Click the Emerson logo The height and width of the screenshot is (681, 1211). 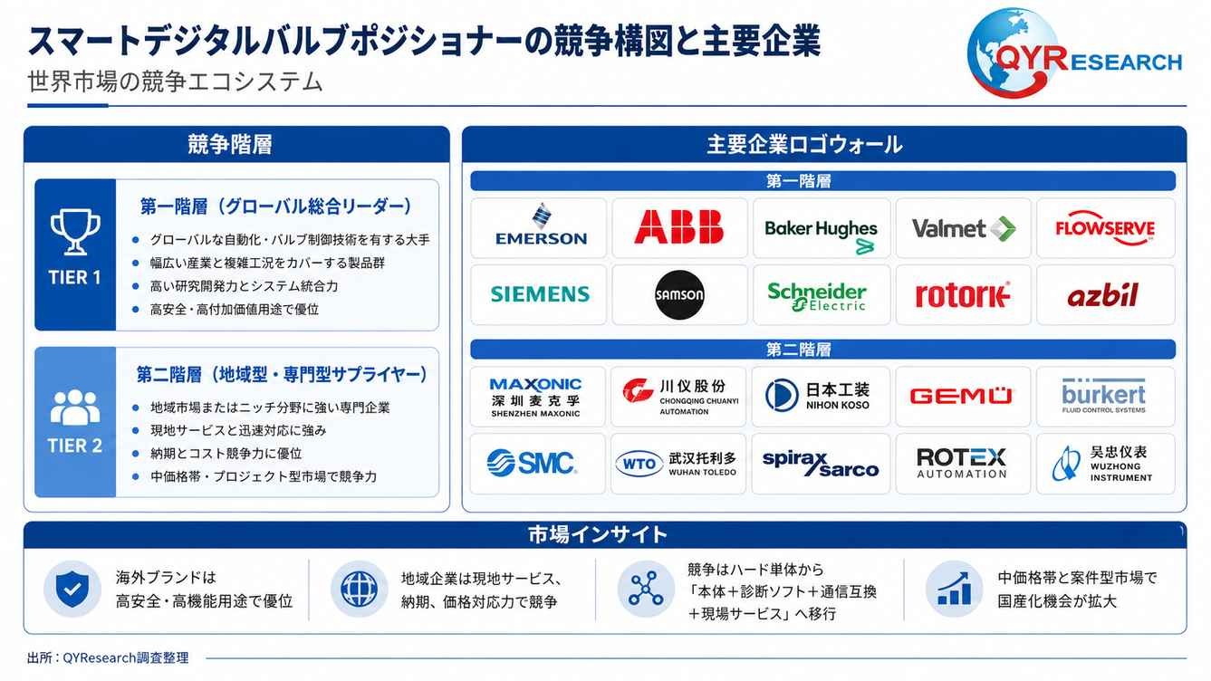(541, 225)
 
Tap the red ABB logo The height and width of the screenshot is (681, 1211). (679, 226)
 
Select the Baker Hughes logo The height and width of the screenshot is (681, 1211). (821, 235)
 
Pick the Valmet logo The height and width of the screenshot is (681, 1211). (964, 228)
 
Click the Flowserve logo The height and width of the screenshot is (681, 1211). (1105, 228)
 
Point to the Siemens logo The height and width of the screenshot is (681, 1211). (540, 294)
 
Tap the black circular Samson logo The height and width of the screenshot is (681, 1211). (679, 294)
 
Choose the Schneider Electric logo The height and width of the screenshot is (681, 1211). (817, 296)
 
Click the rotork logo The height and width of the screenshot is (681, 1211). (962, 295)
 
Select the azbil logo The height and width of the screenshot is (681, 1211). (1103, 295)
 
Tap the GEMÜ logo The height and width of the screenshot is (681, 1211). (960, 396)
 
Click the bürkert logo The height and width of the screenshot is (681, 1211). (1103, 395)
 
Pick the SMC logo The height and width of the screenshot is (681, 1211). (532, 463)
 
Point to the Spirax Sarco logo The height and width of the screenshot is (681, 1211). (820, 464)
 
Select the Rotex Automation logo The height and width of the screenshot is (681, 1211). (962, 463)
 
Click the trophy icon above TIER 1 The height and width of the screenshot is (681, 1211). (75, 232)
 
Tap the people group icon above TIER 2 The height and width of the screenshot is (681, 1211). (75, 407)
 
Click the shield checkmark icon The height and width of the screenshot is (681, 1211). (72, 589)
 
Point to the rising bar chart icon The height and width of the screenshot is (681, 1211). (954, 589)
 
